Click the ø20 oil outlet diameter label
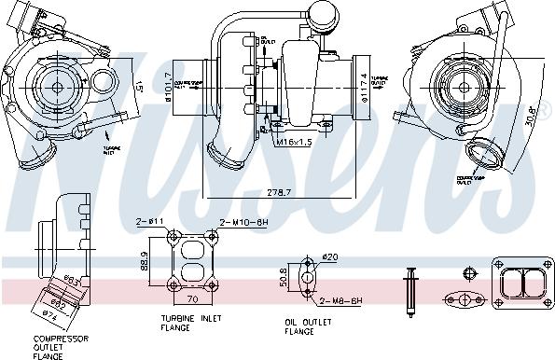(x=327, y=257)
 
